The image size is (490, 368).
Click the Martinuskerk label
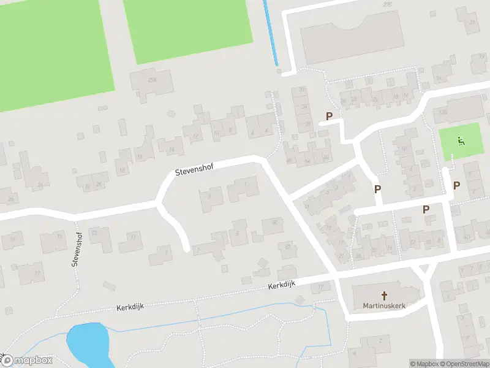point(385,305)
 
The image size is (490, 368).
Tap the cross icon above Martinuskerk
point(385,295)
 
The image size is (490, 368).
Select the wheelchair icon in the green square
point(461,141)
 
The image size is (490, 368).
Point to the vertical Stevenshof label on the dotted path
point(77,249)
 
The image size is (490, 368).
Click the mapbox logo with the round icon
point(27,361)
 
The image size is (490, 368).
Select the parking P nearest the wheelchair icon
point(456,185)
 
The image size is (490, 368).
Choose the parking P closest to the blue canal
point(329,116)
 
